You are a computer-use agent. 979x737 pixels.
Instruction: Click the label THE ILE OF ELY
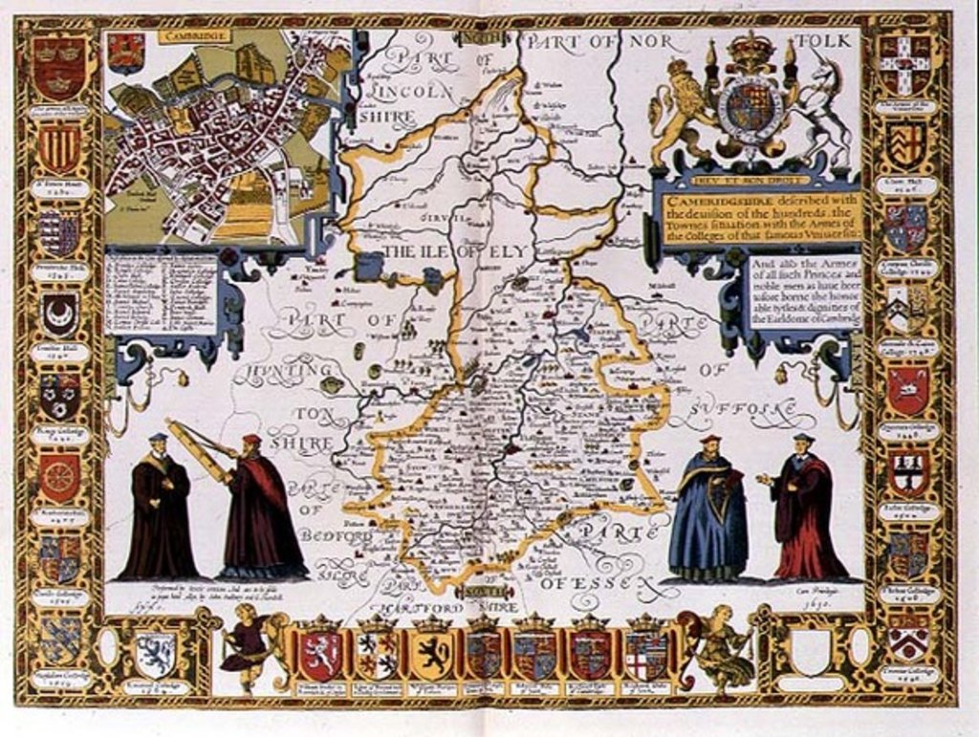point(453,252)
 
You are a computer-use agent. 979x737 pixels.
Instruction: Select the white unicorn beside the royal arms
point(824,105)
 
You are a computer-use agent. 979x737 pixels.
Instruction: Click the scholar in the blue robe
point(707,511)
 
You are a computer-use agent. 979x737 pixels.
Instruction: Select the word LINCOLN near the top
point(413,91)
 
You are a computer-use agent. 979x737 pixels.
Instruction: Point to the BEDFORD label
point(334,535)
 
